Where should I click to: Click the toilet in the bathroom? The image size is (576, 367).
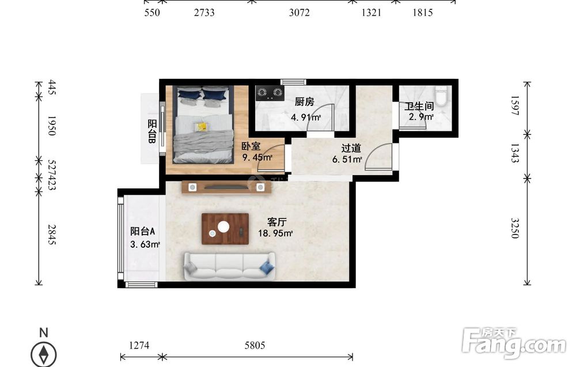[441, 95]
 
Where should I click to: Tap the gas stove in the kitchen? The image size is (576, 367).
[270, 93]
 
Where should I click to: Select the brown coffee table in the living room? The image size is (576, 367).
[225, 229]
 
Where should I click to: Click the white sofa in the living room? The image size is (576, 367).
[230, 266]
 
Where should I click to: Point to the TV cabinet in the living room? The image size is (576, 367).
[226, 187]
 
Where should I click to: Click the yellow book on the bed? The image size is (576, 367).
[201, 127]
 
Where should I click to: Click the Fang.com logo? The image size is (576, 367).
[514, 343]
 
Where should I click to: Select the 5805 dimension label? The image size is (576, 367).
[255, 345]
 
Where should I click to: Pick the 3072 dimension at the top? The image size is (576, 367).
[299, 13]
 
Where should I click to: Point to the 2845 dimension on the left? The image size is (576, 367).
[52, 234]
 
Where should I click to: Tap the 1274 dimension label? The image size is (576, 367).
[139, 345]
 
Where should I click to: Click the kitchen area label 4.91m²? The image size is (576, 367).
[306, 118]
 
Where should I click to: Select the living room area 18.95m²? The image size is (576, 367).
[275, 233]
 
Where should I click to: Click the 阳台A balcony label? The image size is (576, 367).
[142, 231]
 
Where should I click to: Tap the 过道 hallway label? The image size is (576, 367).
[351, 148]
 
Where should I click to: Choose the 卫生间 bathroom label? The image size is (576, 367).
[419, 106]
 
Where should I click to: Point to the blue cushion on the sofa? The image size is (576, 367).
[267, 267]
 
